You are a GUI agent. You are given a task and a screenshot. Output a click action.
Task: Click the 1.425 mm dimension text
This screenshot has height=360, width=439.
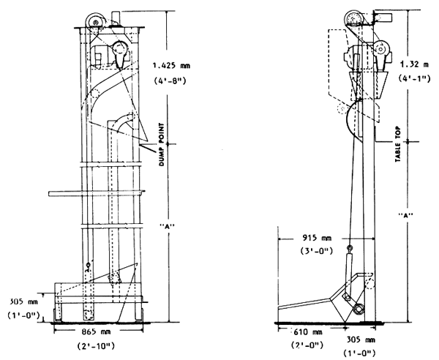[171, 66]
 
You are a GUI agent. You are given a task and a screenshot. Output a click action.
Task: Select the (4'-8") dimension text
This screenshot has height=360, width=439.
[170, 80]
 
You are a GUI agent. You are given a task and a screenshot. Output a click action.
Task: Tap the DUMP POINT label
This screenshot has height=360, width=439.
[162, 144]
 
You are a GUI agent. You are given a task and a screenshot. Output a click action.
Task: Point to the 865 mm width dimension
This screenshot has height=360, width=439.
[96, 331]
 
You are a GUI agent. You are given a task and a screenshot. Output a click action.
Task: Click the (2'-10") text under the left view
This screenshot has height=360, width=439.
[96, 346]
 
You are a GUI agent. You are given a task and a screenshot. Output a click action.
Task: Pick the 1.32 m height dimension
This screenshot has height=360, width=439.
[414, 64]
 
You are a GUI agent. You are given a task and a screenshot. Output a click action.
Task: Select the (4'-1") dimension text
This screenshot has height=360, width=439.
[414, 78]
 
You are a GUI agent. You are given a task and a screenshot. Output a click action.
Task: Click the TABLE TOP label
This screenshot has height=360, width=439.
[398, 144]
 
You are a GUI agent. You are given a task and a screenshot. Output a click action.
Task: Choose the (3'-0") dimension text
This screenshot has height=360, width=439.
[317, 251]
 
